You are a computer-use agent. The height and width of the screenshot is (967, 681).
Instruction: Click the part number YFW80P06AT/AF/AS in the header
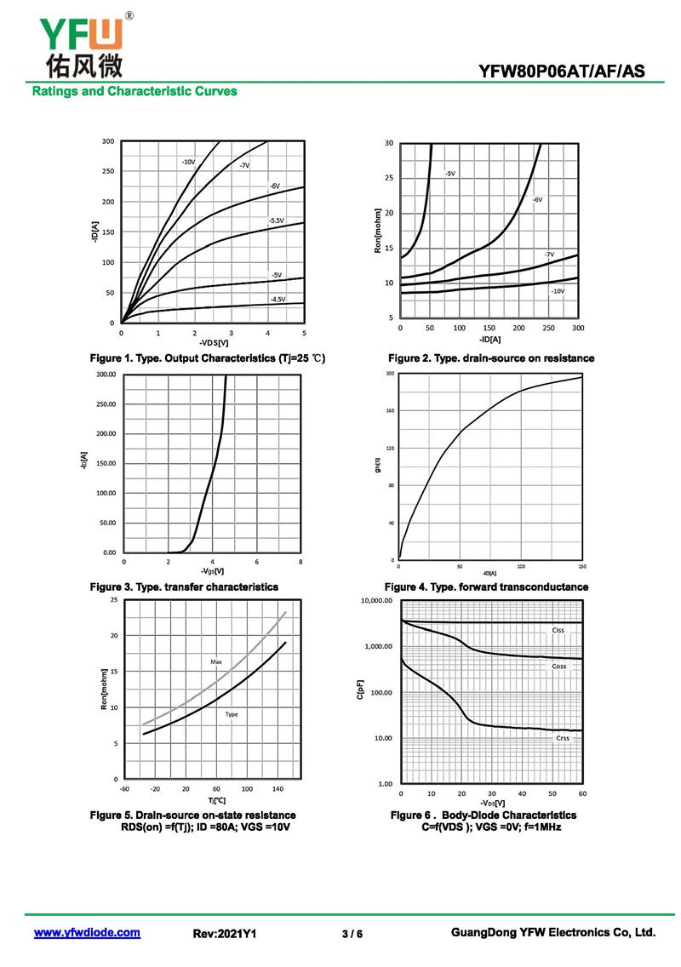[x=562, y=72]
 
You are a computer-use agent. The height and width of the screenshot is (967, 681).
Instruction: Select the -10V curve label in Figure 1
[x=188, y=161]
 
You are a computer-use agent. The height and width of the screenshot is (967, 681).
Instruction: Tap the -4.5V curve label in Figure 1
[x=278, y=299]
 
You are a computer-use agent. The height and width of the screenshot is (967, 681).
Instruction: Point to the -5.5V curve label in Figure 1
[x=276, y=220]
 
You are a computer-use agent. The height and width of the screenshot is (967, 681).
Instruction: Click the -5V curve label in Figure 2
[x=449, y=174]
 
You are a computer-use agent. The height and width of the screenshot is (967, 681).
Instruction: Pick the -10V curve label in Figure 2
[x=557, y=291]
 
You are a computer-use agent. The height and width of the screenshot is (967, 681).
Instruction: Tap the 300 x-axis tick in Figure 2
[x=578, y=328]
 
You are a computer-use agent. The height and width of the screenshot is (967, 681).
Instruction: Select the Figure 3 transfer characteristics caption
[x=185, y=587]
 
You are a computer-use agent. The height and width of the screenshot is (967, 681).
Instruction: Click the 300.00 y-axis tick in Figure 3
[x=106, y=375]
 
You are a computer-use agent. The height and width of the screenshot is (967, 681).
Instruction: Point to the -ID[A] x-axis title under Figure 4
[x=490, y=573]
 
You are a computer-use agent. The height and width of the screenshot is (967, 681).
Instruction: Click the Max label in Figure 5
[x=216, y=661]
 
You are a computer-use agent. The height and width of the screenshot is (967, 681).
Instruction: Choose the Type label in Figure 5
[x=232, y=714]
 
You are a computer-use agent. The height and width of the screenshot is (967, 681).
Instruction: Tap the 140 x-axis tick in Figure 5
[x=278, y=789]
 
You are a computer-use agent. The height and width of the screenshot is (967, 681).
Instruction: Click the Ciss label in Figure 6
[x=558, y=631]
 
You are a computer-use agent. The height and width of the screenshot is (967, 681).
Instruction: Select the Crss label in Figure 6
[x=563, y=738]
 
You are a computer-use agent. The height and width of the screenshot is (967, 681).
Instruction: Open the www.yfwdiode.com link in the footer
[x=87, y=933]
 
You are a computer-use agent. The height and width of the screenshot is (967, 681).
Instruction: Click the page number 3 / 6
[x=352, y=934]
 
